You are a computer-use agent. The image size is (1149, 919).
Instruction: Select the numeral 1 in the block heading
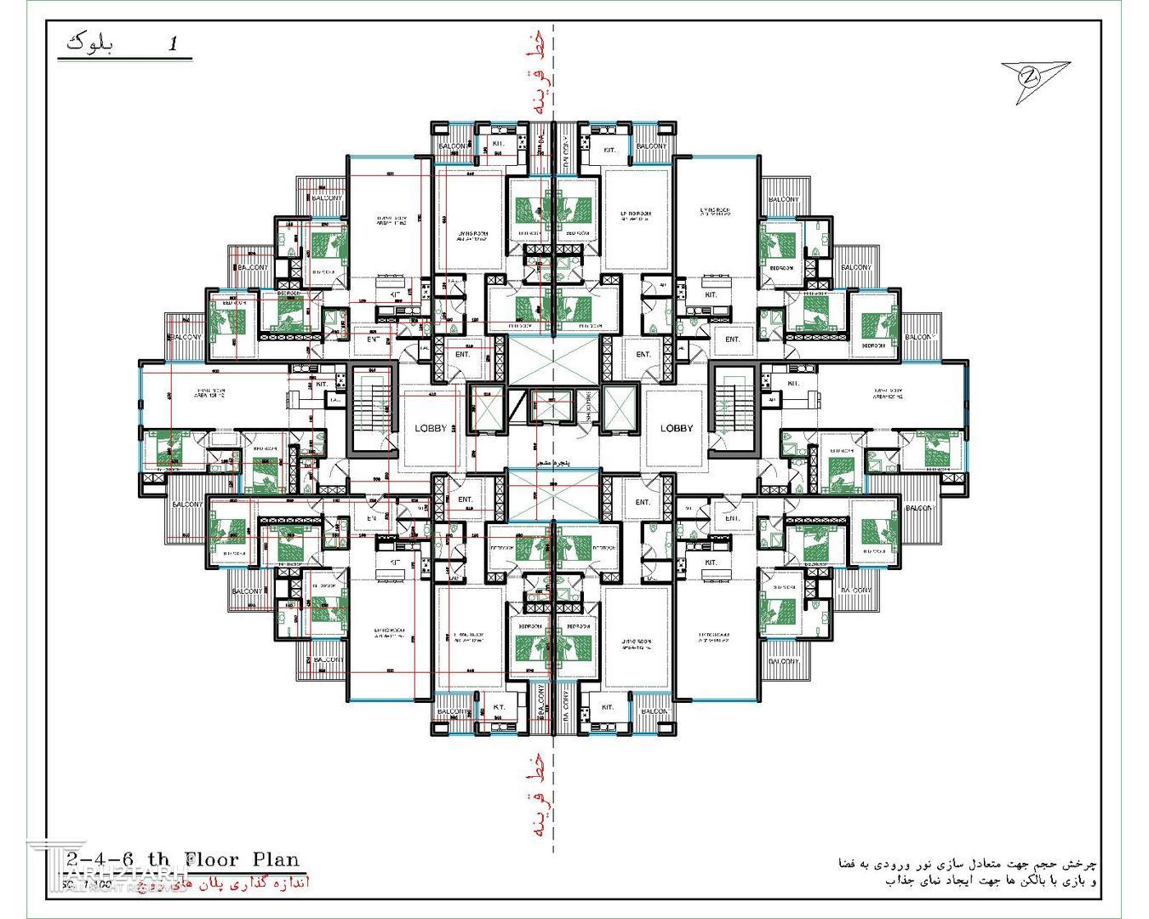[x=174, y=44]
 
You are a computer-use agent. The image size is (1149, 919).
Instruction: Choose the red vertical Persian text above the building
[x=534, y=77]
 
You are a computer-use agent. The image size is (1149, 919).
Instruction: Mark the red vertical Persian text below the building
[x=534, y=796]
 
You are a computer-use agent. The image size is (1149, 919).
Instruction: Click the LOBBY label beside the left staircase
[x=431, y=428]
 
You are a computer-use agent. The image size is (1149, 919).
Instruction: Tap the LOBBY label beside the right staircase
[x=677, y=428]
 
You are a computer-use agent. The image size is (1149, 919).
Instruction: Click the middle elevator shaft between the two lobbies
[x=553, y=409]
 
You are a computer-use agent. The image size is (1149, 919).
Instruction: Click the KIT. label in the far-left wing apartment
[x=321, y=384]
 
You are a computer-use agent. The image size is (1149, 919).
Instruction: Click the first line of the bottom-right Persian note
[x=966, y=863]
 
